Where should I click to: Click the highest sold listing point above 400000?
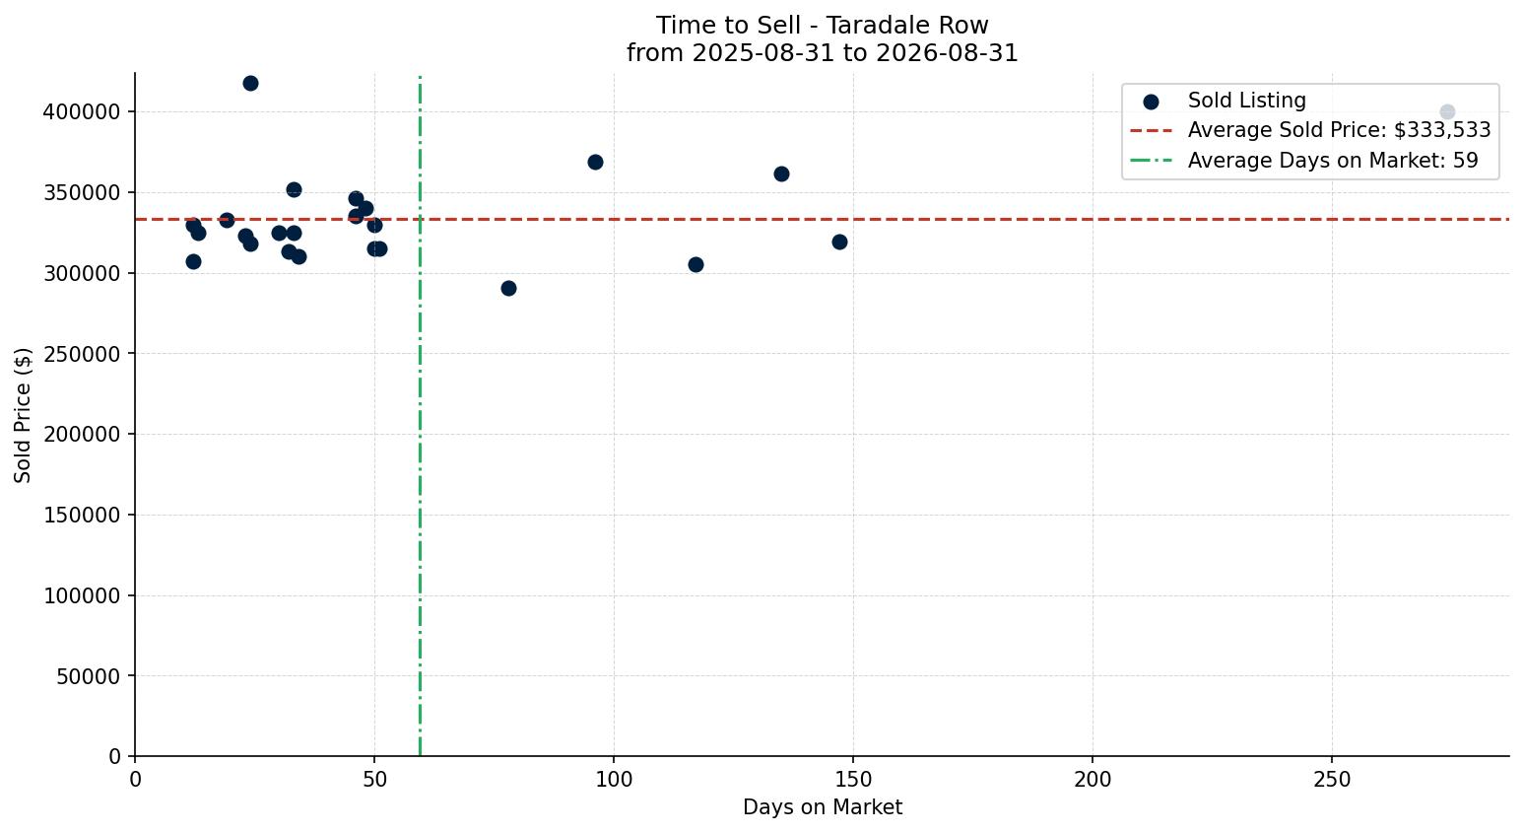pyautogui.click(x=250, y=84)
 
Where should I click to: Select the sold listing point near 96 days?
pyautogui.click(x=595, y=162)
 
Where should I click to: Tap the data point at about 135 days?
pyautogui.click(x=782, y=174)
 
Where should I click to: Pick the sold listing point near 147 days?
pyautogui.click(x=839, y=243)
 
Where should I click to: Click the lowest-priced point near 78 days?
pyautogui.click(x=508, y=289)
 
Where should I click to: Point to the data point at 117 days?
pyautogui.click(x=696, y=265)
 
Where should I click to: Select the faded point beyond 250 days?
pyautogui.click(x=1447, y=111)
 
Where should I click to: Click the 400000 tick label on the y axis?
pyautogui.click(x=82, y=111)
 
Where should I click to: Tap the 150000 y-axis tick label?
pyautogui.click(x=82, y=516)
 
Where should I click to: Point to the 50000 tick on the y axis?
pyautogui.click(x=89, y=676)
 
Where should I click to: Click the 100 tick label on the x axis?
pyautogui.click(x=614, y=780)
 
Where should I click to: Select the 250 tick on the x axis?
pyautogui.click(x=1332, y=780)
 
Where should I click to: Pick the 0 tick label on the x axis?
pyautogui.click(x=135, y=780)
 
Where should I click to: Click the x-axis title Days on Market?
pyautogui.click(x=823, y=807)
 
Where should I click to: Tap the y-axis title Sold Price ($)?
pyautogui.click(x=23, y=416)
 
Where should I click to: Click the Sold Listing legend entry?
pyautogui.click(x=1225, y=101)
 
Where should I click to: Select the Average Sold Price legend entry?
pyautogui.click(x=1310, y=130)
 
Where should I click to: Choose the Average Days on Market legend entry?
pyautogui.click(x=1304, y=161)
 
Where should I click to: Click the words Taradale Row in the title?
pyautogui.click(x=907, y=26)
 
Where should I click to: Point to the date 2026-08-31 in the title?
pyautogui.click(x=947, y=53)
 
